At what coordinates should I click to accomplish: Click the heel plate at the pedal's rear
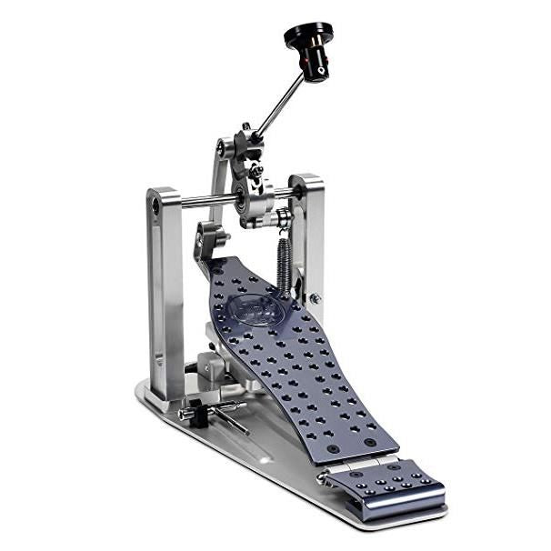click(x=386, y=487)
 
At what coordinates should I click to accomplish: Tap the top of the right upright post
click(x=306, y=182)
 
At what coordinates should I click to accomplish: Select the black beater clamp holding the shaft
click(x=247, y=145)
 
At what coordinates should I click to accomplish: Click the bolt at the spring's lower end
click(x=315, y=298)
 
